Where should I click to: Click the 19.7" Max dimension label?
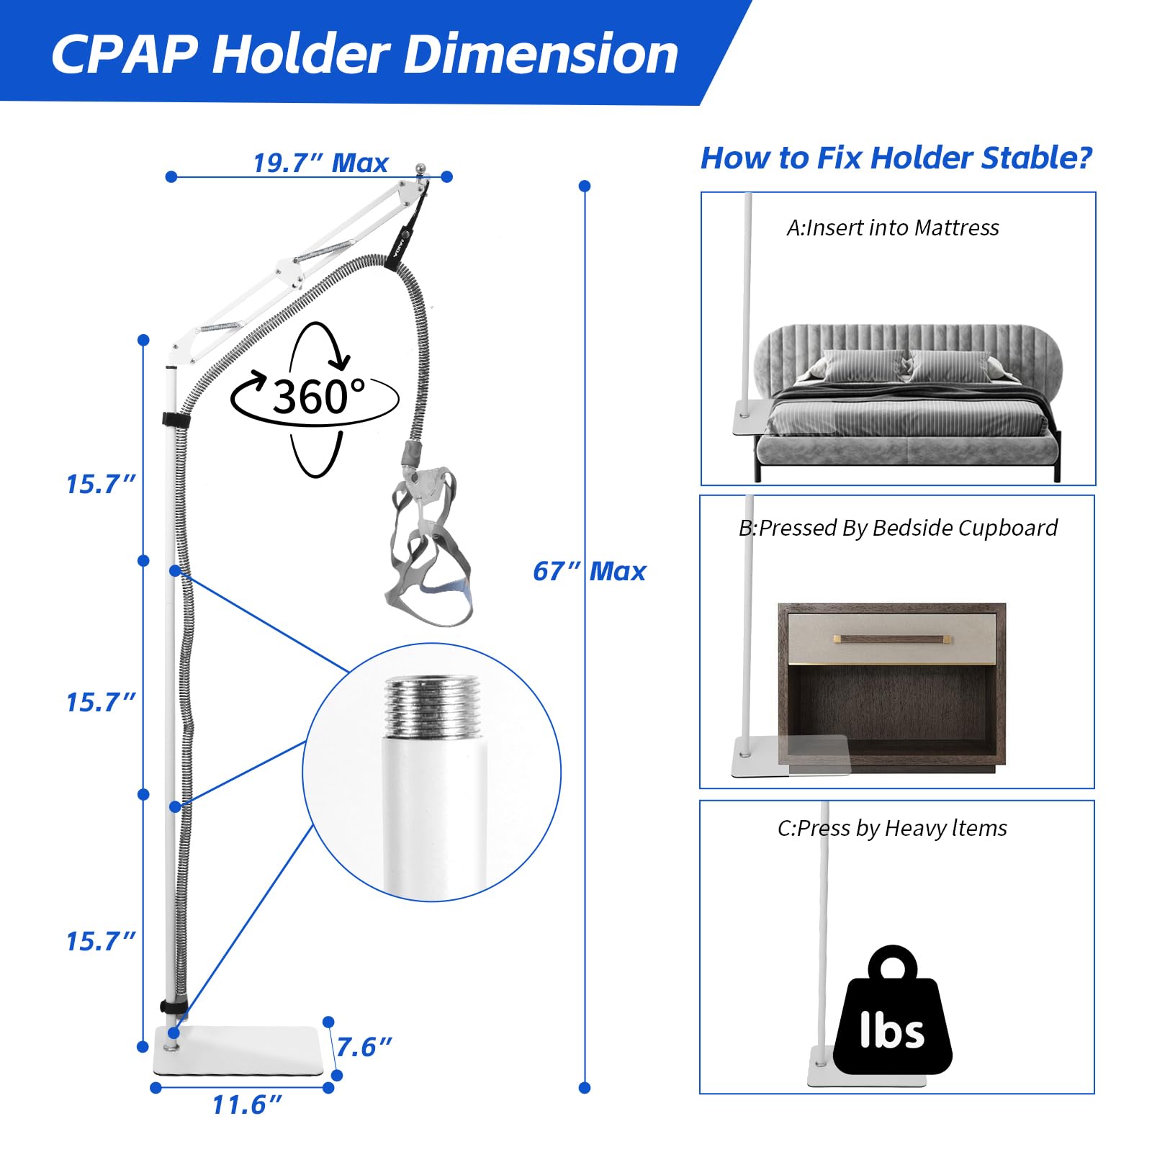(x=320, y=163)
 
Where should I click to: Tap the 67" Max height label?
(x=589, y=571)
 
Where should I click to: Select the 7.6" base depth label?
(x=364, y=1047)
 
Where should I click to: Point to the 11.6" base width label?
(x=247, y=1104)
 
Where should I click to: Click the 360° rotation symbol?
(x=315, y=398)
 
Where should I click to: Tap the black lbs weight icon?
(x=893, y=1010)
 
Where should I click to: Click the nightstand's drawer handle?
(x=893, y=639)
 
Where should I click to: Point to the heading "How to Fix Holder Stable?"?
(x=896, y=158)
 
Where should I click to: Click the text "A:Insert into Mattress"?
(x=893, y=228)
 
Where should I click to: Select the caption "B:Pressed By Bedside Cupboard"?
(x=898, y=528)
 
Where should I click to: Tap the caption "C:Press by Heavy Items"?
(x=892, y=829)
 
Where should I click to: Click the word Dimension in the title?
(x=541, y=54)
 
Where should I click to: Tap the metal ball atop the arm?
(x=421, y=169)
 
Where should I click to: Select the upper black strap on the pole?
(x=175, y=420)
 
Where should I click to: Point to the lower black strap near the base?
(x=174, y=1007)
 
